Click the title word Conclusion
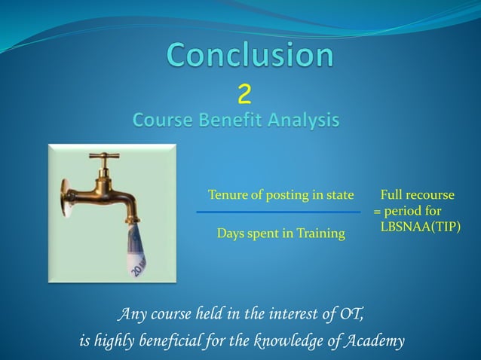pyautogui.click(x=250, y=56)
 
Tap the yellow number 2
pyautogui.click(x=244, y=95)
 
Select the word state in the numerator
pyautogui.click(x=339, y=196)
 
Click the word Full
pyautogui.click(x=393, y=196)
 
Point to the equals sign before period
pyautogui.click(x=377, y=212)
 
